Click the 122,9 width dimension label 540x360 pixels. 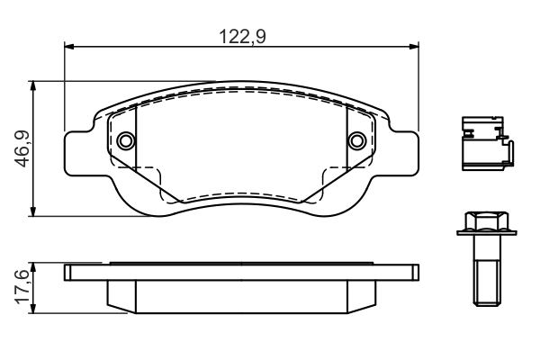pos(242,37)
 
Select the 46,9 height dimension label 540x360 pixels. pos(23,148)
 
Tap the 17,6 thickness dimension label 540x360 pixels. pos(22,287)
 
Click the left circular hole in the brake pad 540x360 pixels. pos(126,140)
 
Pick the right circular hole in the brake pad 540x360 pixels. pos(356,140)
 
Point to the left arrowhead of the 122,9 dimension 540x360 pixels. pos(69,46)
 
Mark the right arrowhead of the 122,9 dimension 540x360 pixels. pos(414,46)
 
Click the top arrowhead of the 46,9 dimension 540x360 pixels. pos(33,86)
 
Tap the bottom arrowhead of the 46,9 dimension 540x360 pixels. pos(33,211)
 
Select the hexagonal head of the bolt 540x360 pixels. pos(487,221)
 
